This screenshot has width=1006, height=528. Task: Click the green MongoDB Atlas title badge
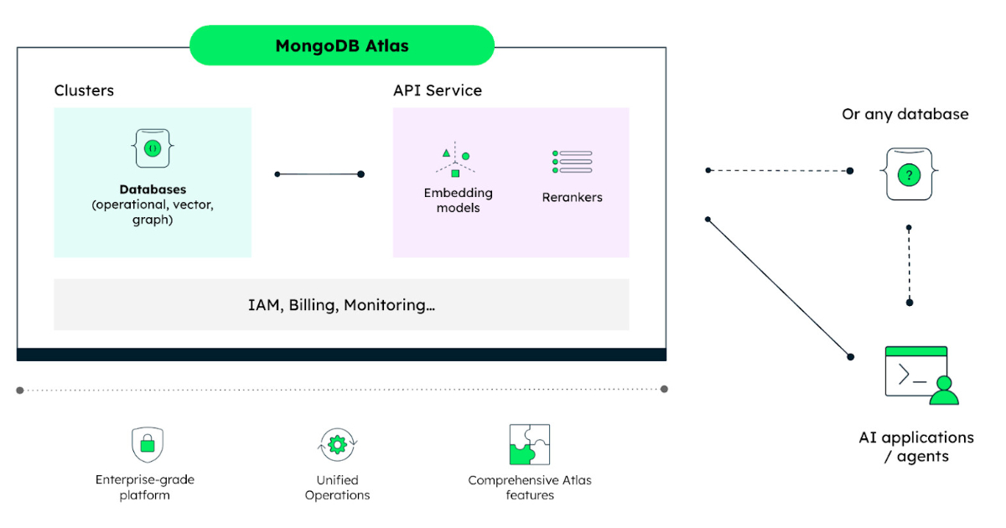pyautogui.click(x=341, y=45)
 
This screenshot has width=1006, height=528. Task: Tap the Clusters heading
pyautogui.click(x=84, y=91)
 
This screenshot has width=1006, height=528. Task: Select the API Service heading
pyautogui.click(x=438, y=91)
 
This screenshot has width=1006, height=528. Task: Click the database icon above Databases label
pyautogui.click(x=153, y=148)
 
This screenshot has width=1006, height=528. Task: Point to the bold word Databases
pyautogui.click(x=153, y=189)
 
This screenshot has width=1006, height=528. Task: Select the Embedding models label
pyautogui.click(x=458, y=199)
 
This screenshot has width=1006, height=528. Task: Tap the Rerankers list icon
pyautogui.click(x=573, y=162)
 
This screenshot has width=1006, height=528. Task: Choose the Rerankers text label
pyautogui.click(x=573, y=198)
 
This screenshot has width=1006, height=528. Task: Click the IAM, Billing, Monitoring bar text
pyautogui.click(x=341, y=305)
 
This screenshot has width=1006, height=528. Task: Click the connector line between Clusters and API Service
pyautogui.click(x=319, y=174)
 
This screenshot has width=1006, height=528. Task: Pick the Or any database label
pyautogui.click(x=905, y=114)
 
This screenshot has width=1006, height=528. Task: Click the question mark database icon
pyautogui.click(x=908, y=175)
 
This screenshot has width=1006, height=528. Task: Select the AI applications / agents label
pyautogui.click(x=915, y=447)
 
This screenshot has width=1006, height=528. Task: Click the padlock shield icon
pyautogui.click(x=148, y=444)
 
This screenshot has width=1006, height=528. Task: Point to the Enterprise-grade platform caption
pyautogui.click(x=144, y=488)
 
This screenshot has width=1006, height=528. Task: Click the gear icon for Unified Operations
pyautogui.click(x=338, y=445)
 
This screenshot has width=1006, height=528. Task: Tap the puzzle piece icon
pyautogui.click(x=530, y=444)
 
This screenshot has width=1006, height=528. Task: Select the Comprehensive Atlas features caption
pyautogui.click(x=530, y=488)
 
